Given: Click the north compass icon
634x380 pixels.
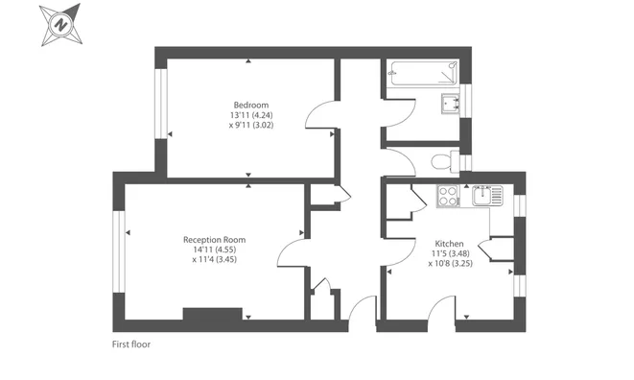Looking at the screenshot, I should point(61,24).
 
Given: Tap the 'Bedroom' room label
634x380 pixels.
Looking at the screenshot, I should point(250,105).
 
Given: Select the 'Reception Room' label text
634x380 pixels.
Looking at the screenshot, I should point(215,239).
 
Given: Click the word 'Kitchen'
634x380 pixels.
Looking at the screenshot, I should point(449,243).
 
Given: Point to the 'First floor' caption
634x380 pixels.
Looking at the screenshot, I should point(131,344).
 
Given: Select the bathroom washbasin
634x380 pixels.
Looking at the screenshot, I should point(449,104).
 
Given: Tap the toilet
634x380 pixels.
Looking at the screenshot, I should point(442,161).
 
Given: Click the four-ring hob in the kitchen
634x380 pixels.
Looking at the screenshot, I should point(448,195).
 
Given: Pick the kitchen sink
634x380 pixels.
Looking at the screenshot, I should point(485,195).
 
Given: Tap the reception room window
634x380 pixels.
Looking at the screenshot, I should point(119,251).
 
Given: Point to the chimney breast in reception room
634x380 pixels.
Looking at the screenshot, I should point(212,314).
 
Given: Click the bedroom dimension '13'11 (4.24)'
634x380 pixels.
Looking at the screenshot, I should point(250,115).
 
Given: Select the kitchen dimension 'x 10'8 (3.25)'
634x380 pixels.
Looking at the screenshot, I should point(449,263).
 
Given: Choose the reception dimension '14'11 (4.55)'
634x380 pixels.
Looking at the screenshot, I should point(215,249).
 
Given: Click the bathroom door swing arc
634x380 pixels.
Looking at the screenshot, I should point(399,159).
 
